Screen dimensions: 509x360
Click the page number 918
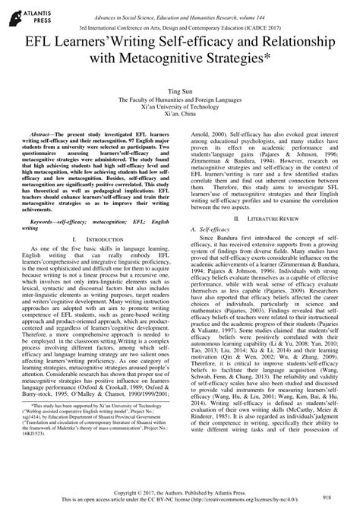(327, 494)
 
